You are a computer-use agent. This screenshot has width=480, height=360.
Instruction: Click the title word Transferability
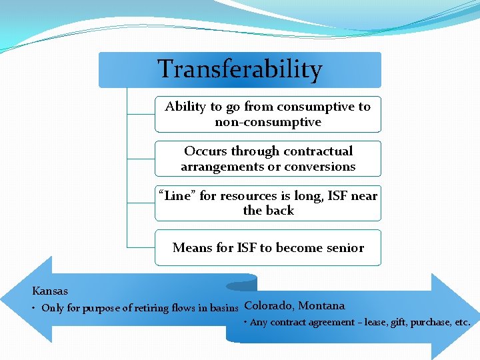tap(239, 69)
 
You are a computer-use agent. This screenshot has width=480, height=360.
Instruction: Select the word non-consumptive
tap(268, 122)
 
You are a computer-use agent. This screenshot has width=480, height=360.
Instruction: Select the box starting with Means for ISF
tap(268, 248)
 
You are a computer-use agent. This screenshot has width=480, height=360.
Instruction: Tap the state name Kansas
tap(50, 291)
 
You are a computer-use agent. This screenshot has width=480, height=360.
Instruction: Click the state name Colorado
tap(268, 306)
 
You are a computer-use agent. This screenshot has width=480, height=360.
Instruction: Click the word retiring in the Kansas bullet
tap(130, 308)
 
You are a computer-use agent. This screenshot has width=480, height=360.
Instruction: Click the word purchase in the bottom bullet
tap(428, 323)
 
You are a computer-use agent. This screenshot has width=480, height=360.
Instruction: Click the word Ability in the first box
tap(185, 107)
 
